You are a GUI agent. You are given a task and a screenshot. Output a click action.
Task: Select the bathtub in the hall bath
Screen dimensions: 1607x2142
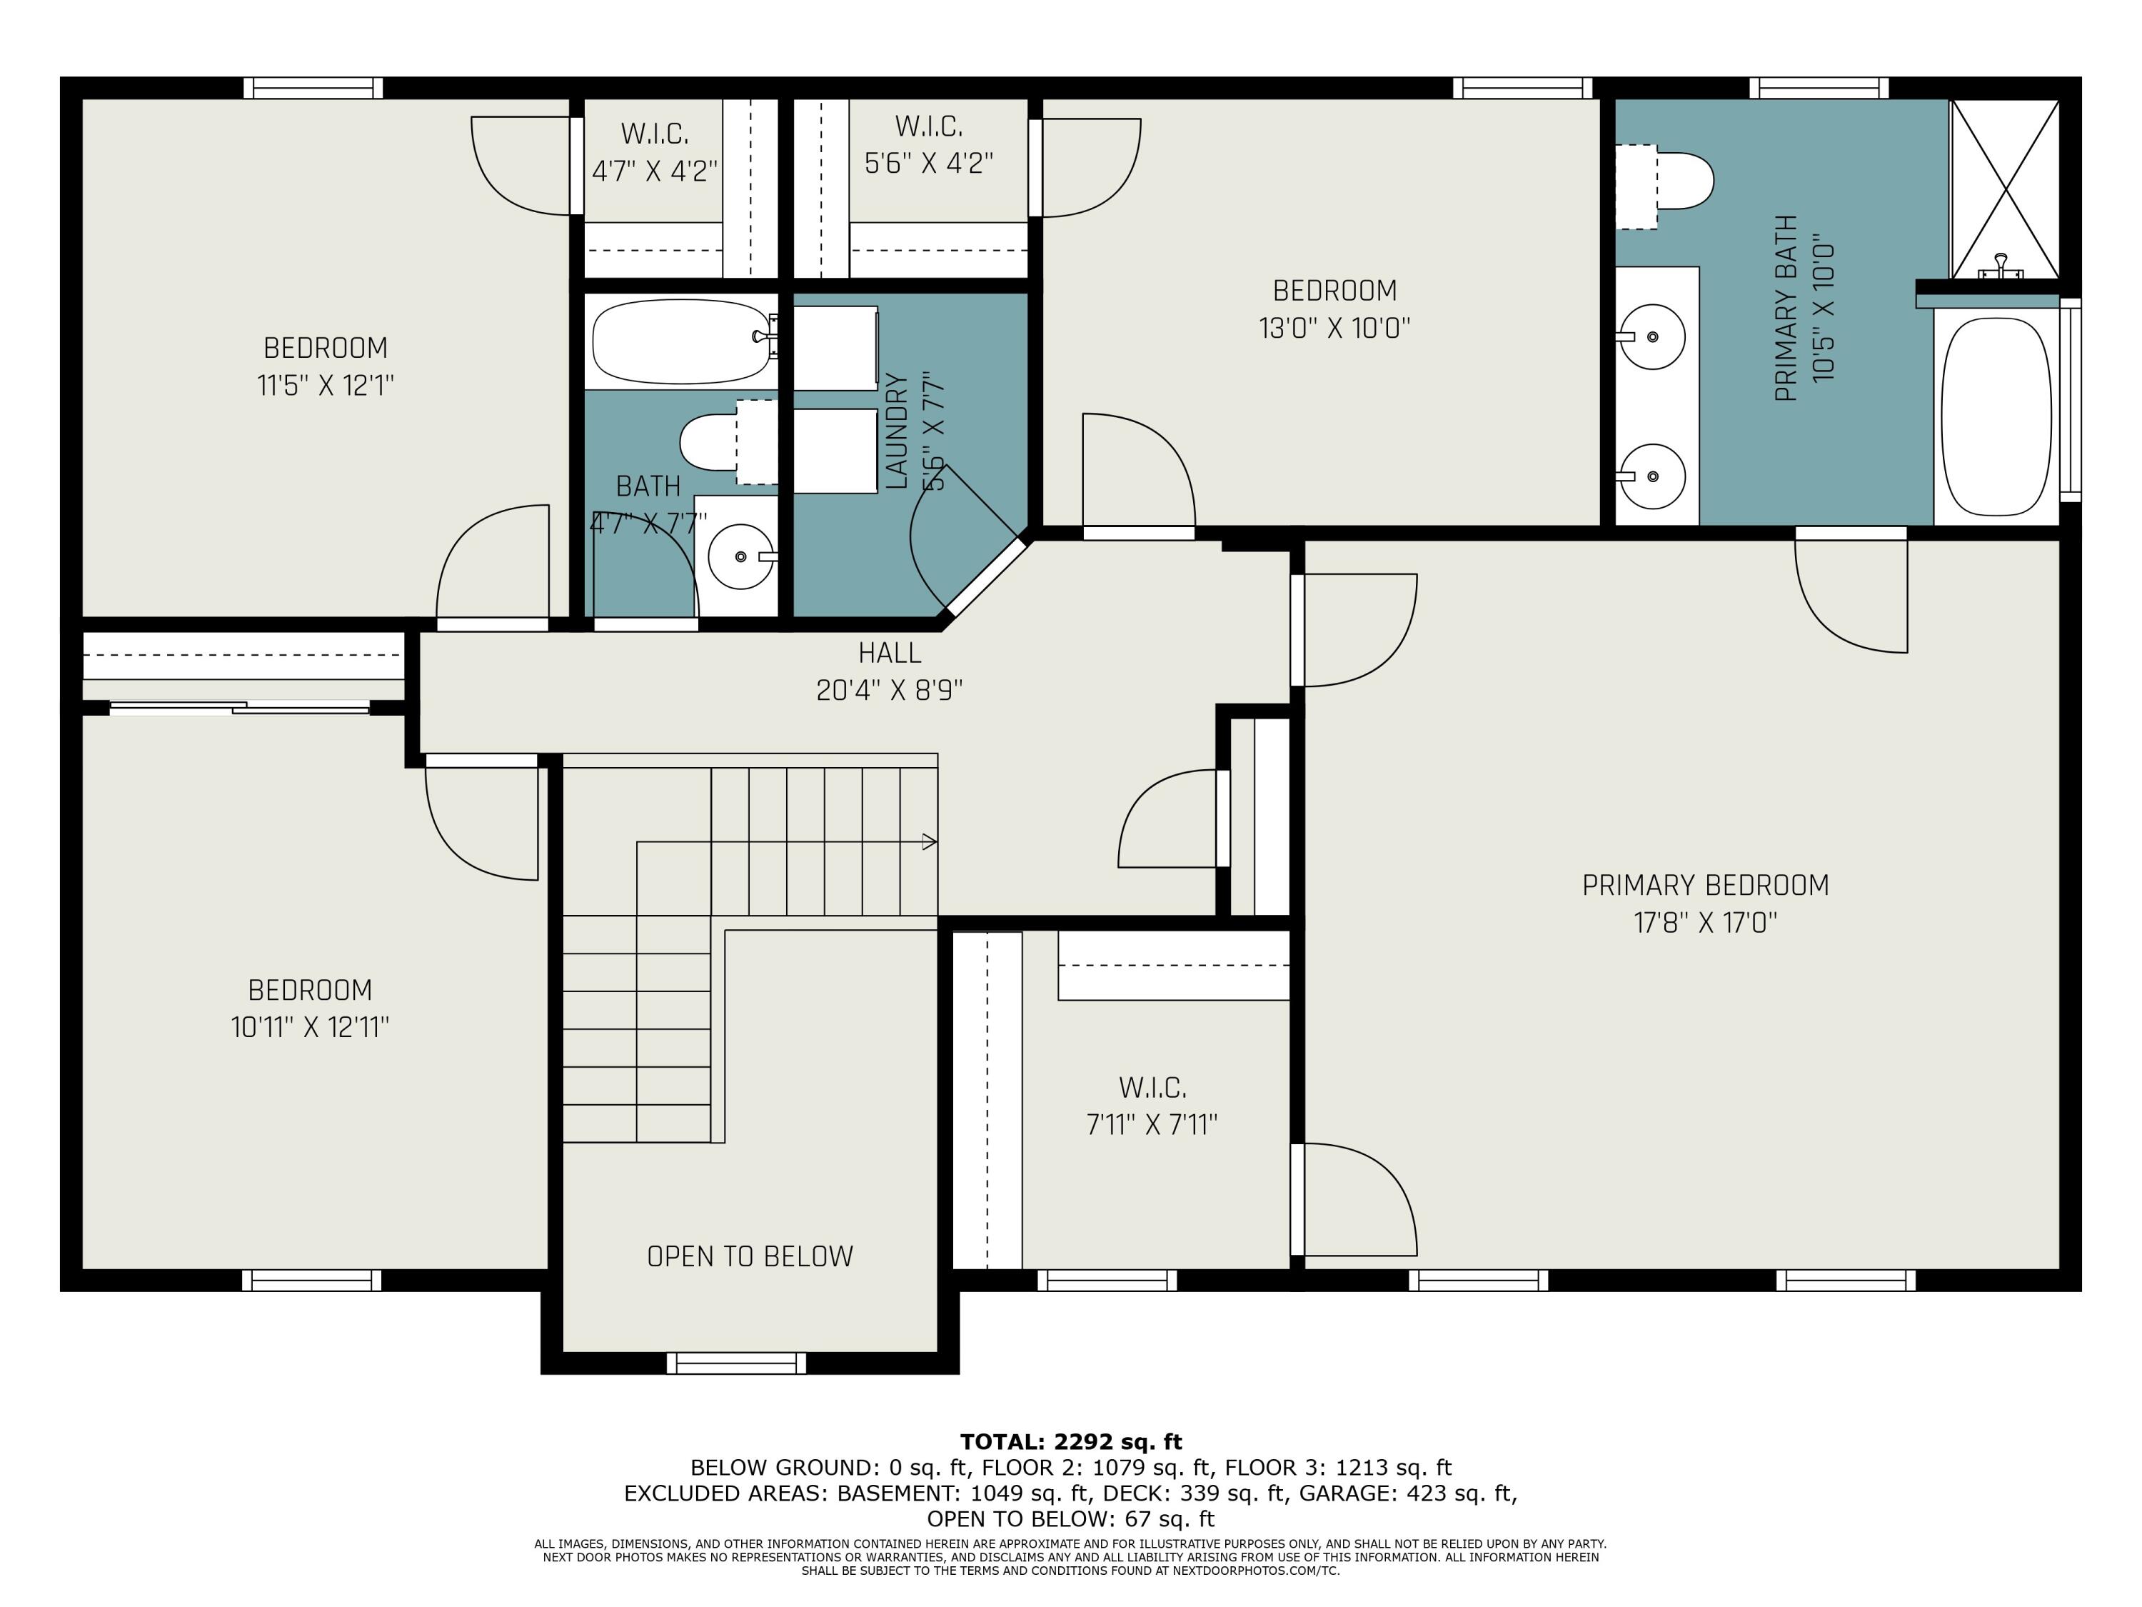pyautogui.click(x=682, y=340)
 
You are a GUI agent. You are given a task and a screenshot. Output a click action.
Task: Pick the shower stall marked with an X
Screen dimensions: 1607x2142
pyautogui.click(x=2003, y=189)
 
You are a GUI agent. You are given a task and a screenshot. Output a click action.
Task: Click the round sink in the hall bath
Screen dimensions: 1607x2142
pyautogui.click(x=741, y=556)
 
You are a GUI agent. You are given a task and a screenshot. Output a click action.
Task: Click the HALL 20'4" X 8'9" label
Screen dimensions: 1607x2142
pyautogui.click(x=889, y=671)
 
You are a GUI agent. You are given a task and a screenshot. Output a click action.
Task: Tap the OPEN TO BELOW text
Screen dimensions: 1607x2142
pyautogui.click(x=750, y=1256)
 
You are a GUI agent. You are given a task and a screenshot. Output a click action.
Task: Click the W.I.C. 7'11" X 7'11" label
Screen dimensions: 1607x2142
pyautogui.click(x=1152, y=1105)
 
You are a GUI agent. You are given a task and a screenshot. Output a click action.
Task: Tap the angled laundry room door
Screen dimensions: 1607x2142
pyautogui.click(x=986, y=579)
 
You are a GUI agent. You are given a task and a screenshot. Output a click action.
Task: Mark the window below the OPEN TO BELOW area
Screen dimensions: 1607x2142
pyautogui.click(x=736, y=1363)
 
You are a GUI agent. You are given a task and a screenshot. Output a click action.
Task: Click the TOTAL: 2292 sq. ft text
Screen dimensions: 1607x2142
pyautogui.click(x=1070, y=1441)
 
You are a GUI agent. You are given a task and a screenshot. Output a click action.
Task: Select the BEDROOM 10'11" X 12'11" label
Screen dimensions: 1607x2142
pyautogui.click(x=310, y=1008)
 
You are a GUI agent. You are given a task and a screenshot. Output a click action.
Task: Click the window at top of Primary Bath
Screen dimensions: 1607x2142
pyautogui.click(x=1818, y=88)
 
